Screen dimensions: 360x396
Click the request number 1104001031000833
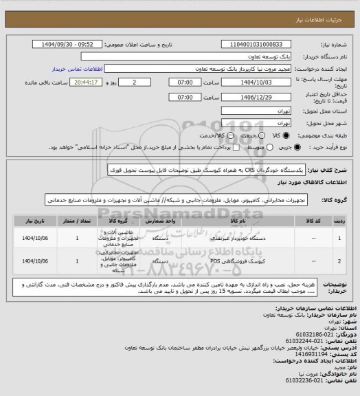tap(255, 45)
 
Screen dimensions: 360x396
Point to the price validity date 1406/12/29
tap(255, 98)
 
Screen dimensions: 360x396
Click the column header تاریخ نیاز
tap(31, 222)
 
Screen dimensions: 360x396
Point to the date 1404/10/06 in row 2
tap(31, 262)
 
